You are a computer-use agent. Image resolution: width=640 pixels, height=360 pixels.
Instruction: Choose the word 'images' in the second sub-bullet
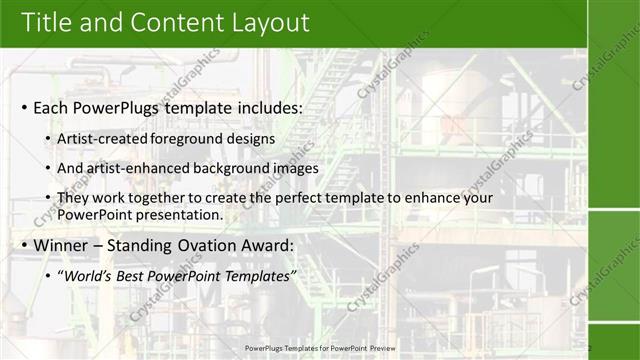coord(295,168)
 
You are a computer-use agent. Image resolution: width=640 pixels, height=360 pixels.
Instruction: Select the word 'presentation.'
coord(172,215)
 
